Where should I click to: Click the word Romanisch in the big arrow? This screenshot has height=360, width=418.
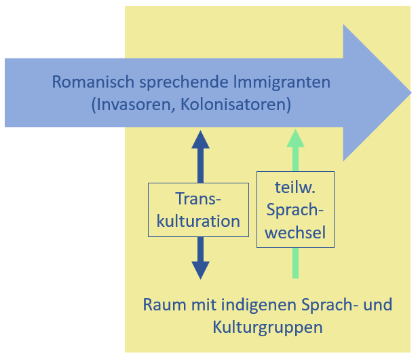click(x=93, y=82)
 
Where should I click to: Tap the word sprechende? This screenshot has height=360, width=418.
click(x=184, y=83)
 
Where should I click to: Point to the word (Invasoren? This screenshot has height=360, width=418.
click(x=133, y=105)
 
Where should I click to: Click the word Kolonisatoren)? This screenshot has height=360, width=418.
click(x=235, y=105)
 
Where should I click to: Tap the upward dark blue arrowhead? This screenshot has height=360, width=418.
click(x=200, y=139)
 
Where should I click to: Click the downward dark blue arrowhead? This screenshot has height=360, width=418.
click(x=200, y=270)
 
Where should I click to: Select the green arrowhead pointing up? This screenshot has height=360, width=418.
click(x=295, y=139)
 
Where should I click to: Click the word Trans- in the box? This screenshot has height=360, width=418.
click(x=198, y=198)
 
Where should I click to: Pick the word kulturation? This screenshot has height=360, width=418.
click(x=198, y=221)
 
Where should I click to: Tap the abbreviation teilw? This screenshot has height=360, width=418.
click(x=295, y=187)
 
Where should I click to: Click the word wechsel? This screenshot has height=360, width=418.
click(x=295, y=232)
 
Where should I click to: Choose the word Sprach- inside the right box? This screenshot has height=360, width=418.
click(x=295, y=211)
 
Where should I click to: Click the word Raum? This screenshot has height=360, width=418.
click(x=164, y=304)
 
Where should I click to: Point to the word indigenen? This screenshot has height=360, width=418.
click(x=258, y=306)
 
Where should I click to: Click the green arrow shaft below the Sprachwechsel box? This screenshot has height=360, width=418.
click(x=295, y=263)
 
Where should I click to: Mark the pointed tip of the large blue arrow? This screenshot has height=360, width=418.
click(x=411, y=92)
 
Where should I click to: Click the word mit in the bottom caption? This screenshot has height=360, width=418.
click(x=204, y=304)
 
